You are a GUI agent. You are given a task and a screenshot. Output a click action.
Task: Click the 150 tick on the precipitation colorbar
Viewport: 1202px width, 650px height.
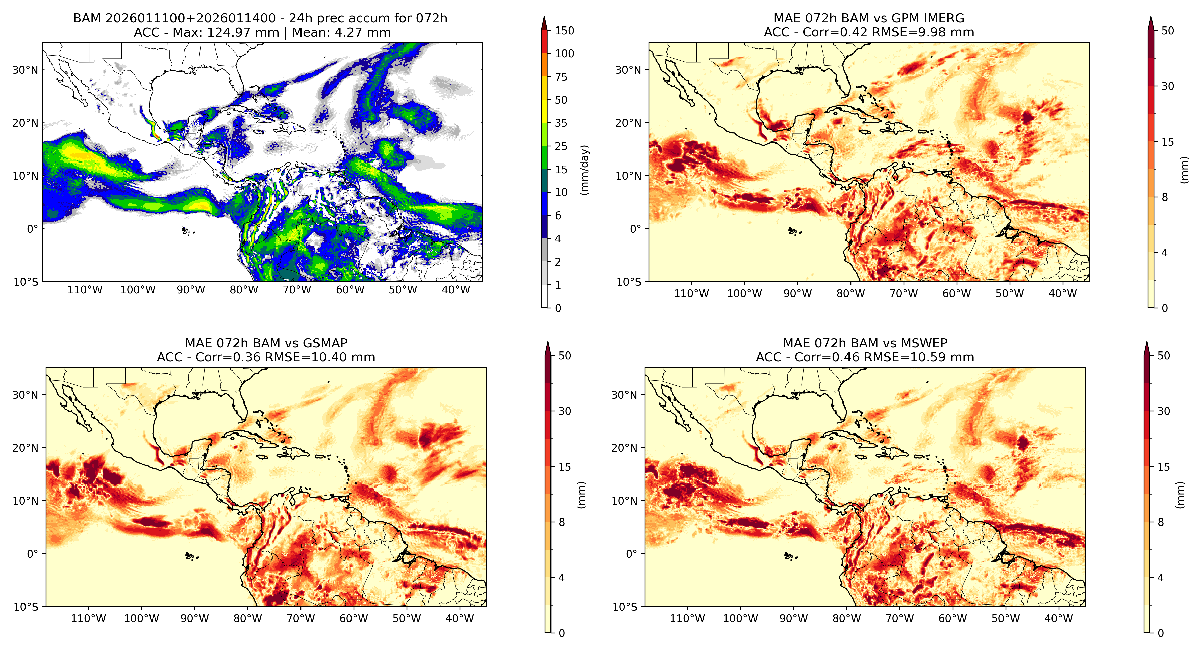(564, 31)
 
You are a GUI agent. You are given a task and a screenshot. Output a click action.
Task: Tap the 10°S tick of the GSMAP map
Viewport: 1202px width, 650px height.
(26, 607)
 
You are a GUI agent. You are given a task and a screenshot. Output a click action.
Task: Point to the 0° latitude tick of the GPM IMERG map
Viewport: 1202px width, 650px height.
(636, 229)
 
